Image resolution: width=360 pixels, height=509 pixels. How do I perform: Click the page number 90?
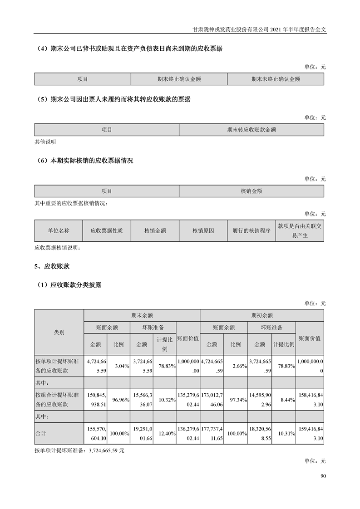[x=323, y=476]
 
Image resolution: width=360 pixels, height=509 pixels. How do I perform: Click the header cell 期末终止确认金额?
[x=179, y=79]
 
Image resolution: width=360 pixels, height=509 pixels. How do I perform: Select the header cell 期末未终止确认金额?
[x=276, y=79]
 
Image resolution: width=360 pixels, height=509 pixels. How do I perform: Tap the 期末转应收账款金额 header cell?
[x=252, y=130]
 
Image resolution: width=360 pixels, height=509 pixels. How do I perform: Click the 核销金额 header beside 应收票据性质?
[x=155, y=230]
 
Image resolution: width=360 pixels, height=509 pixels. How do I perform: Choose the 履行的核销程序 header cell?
[x=252, y=230]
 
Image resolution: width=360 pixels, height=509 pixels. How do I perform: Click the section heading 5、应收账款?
[x=52, y=266]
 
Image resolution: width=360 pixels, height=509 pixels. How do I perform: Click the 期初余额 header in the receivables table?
[x=262, y=315]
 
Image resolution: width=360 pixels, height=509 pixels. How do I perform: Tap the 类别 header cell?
[x=59, y=333]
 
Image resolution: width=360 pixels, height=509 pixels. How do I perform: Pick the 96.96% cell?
[x=122, y=400]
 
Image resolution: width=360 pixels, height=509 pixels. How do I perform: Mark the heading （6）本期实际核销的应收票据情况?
[x=84, y=161]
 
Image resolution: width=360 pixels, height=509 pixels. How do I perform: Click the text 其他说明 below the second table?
[x=45, y=142]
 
